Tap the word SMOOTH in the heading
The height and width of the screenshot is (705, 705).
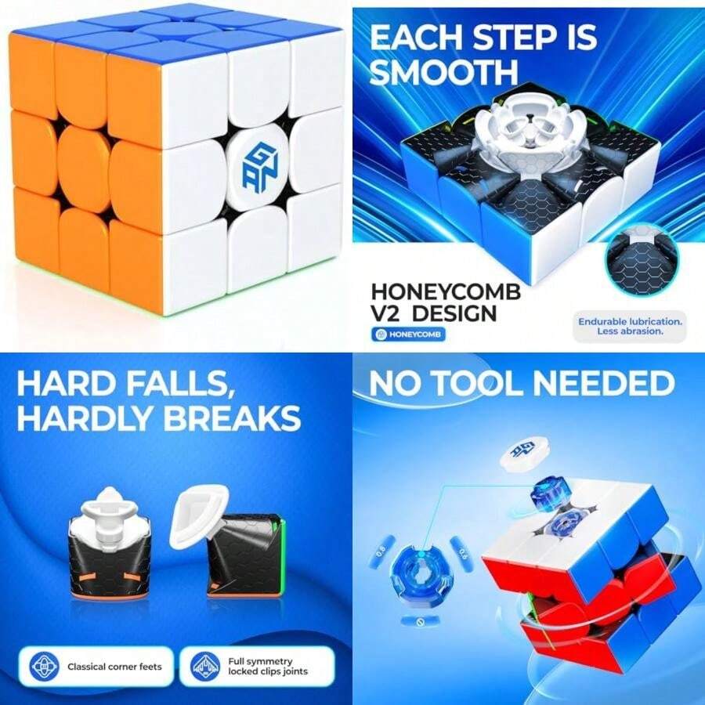pos(443,72)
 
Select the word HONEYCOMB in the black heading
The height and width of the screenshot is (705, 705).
pos(446,292)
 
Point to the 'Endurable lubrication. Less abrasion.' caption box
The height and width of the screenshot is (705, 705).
pos(630,326)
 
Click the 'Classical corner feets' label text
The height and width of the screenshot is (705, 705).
pos(114,667)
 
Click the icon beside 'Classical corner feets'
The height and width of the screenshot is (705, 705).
pos(45,667)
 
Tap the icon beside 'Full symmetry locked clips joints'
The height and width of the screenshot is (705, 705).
pos(205,667)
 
